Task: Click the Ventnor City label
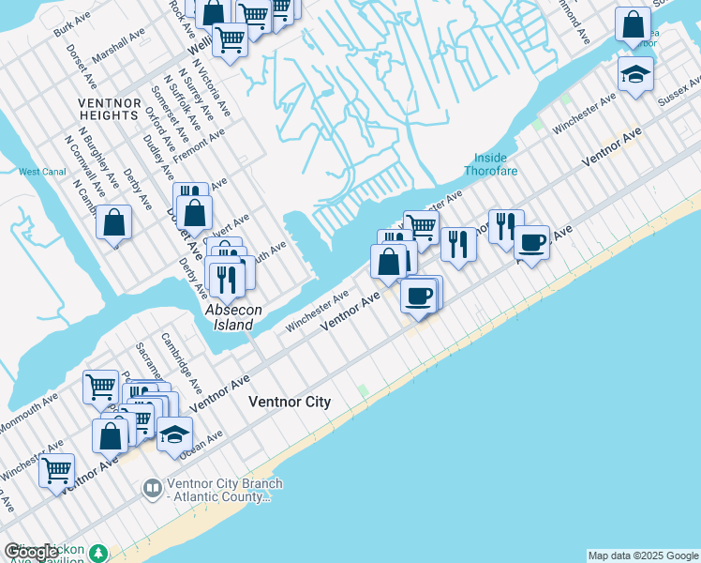(x=290, y=402)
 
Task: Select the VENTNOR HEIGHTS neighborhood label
(x=109, y=109)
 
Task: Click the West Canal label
(x=41, y=172)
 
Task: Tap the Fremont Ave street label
(x=201, y=145)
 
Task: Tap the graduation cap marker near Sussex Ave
(x=635, y=75)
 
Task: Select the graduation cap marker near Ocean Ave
(x=174, y=435)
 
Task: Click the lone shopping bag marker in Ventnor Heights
(x=113, y=223)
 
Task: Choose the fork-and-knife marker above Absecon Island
(x=225, y=279)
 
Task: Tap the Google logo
(x=31, y=553)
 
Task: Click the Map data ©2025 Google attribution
(x=643, y=555)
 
